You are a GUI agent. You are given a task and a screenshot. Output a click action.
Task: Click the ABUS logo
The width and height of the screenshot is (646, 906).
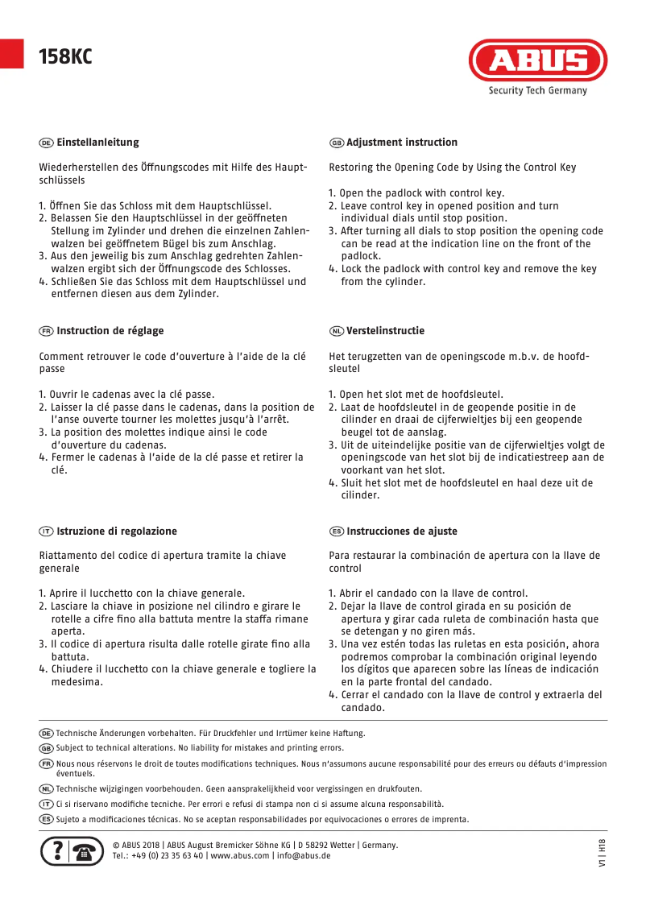[538, 61]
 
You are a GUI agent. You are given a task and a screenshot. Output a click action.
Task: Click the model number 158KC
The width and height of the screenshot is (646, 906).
[65, 56]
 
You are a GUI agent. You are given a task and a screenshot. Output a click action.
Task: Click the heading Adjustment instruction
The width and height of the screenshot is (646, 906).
[401, 143]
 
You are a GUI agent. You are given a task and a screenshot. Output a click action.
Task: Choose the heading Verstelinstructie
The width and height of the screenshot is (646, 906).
[385, 331]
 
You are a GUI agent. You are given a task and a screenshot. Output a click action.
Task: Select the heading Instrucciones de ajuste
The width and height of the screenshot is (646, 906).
[401, 532]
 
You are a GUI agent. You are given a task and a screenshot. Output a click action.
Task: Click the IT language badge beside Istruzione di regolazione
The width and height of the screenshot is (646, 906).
[46, 532]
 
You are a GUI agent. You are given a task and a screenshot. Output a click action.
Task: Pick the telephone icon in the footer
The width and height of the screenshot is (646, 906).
[87, 852]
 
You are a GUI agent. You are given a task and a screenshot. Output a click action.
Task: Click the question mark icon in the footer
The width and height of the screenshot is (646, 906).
[55, 852]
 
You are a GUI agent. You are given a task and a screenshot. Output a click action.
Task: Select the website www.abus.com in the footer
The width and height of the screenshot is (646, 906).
[240, 856]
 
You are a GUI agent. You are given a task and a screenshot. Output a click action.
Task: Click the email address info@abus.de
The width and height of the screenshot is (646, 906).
[303, 856]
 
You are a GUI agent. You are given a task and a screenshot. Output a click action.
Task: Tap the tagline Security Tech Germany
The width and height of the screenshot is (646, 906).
[537, 91]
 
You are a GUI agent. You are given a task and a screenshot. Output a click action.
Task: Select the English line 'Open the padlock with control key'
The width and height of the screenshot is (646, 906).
[421, 193]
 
